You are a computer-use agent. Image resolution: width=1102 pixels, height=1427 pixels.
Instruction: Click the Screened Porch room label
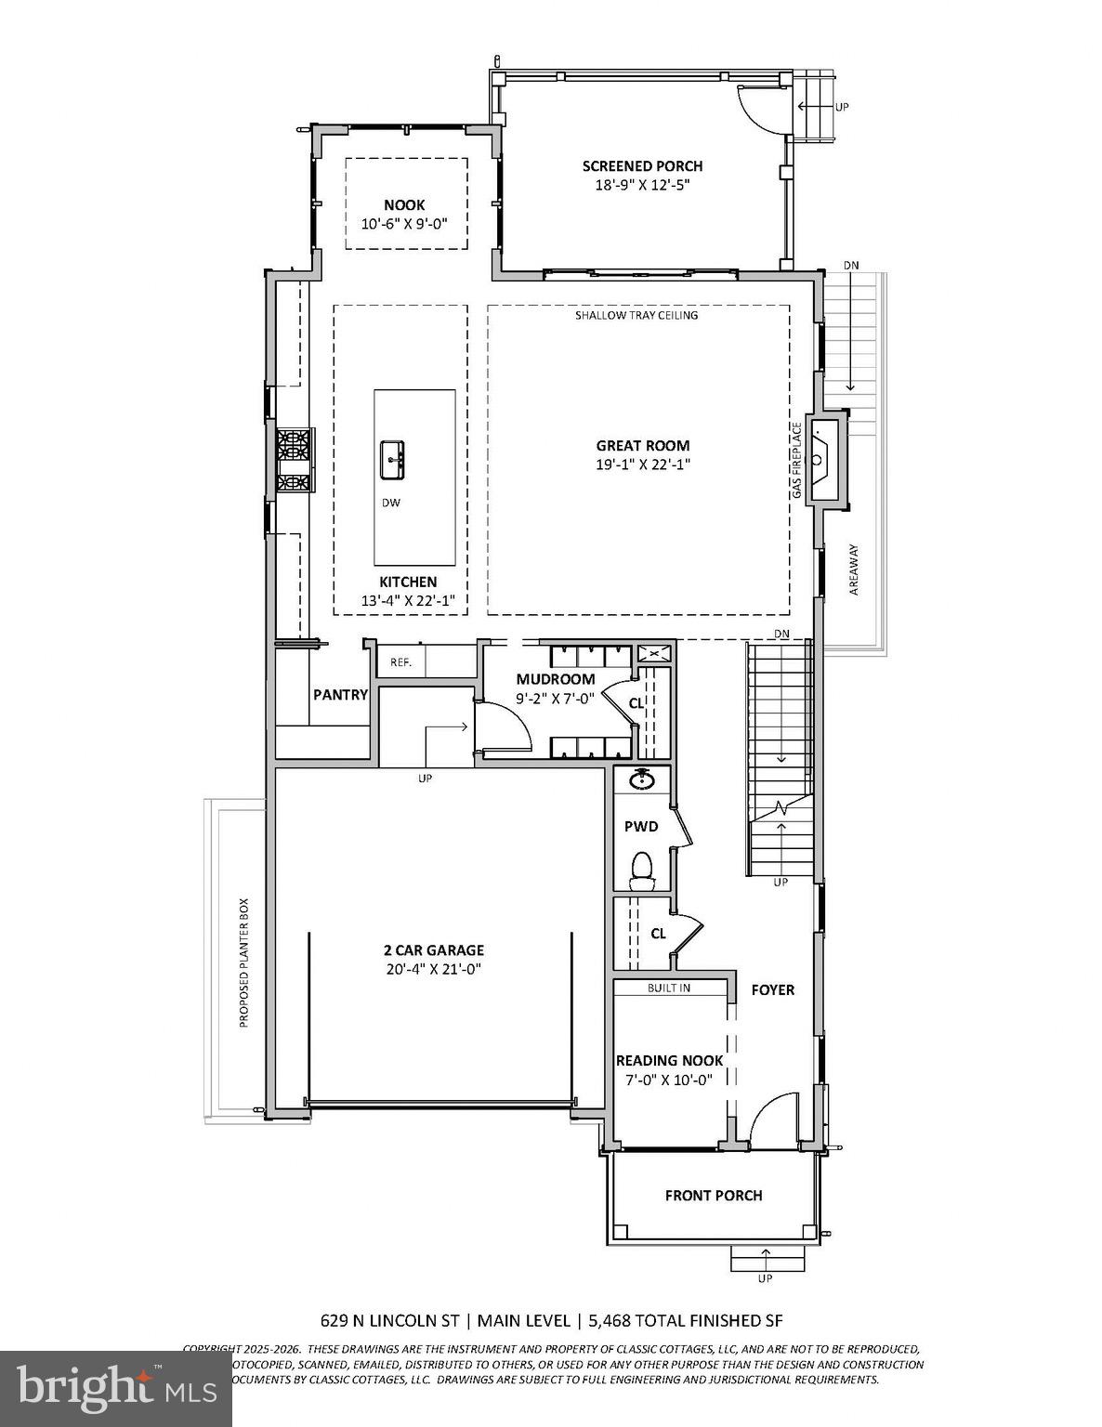(642, 166)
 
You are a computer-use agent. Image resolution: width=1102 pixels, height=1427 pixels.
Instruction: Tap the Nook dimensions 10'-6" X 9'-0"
(404, 224)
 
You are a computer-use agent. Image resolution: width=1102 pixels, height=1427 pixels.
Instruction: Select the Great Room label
(643, 446)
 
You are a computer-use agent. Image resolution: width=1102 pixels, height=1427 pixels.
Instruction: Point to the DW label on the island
(391, 503)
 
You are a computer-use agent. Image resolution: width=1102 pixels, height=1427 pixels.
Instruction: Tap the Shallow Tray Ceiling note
(636, 315)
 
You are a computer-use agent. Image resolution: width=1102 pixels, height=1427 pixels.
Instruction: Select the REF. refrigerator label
(400, 662)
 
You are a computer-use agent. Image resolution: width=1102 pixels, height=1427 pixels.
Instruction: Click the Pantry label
(340, 694)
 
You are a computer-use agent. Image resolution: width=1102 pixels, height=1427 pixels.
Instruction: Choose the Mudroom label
(556, 679)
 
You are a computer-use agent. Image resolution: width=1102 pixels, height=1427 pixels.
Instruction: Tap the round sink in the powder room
(641, 779)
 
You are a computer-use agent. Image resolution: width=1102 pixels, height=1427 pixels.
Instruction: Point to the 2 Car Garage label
(434, 949)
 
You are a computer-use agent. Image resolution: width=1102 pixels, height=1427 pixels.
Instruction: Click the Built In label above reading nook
(669, 988)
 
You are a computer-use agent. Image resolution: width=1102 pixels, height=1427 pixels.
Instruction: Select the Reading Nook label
(669, 1060)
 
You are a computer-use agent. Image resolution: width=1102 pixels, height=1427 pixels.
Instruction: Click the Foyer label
(773, 989)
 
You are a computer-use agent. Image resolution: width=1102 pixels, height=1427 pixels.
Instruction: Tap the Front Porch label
(714, 1196)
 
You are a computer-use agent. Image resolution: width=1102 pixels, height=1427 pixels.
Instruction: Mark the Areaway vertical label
(855, 569)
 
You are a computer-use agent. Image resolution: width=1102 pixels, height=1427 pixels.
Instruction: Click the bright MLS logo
(115, 1389)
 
